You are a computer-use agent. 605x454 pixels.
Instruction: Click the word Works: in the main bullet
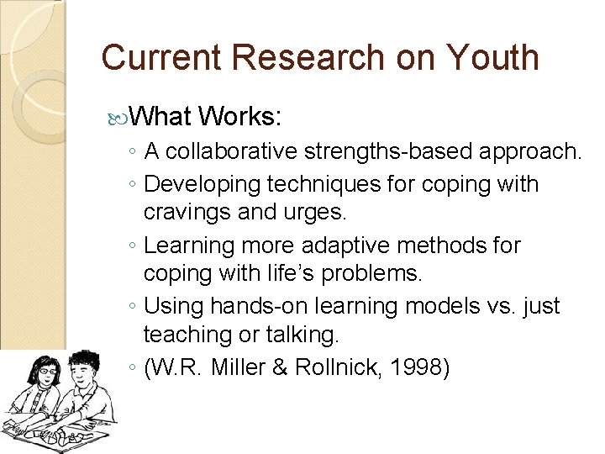[241, 115]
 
